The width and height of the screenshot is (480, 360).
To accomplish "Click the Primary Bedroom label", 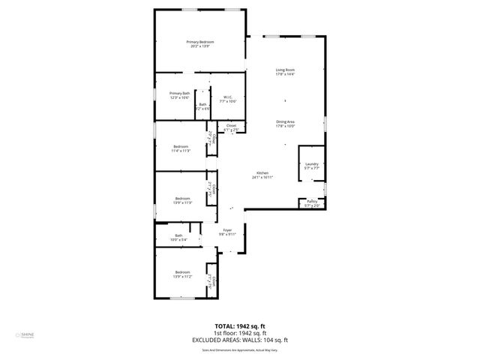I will coord(200,42).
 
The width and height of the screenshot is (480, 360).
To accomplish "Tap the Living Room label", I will coord(285,70).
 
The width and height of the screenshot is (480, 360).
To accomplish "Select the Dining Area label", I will coord(285,121).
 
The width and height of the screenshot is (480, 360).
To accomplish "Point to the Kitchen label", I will coord(262,172).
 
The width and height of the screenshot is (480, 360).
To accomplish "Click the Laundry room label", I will coord(312,163).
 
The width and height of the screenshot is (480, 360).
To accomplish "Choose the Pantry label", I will coord(312,200).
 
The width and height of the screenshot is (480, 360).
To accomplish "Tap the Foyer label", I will coord(227,229).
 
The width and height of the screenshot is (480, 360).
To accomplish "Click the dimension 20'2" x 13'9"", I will coord(200,46).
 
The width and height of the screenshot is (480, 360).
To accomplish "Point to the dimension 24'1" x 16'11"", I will coord(262,177).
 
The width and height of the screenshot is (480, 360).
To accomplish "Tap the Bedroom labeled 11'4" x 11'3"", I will coord(181,146).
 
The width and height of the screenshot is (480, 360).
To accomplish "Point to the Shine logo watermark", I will coord(16,336).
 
